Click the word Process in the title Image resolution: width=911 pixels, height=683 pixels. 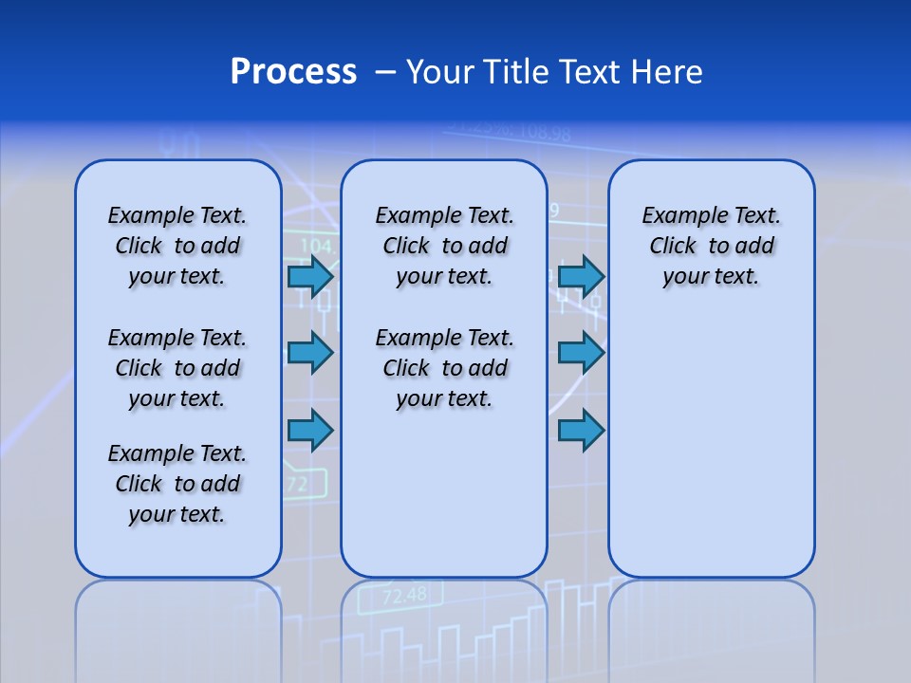tap(293, 72)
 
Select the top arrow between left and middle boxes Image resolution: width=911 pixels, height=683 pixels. tap(310, 277)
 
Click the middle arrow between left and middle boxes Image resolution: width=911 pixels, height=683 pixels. tap(310, 353)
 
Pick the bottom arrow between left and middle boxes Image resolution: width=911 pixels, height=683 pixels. tap(310, 431)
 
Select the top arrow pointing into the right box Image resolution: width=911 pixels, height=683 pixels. tap(581, 277)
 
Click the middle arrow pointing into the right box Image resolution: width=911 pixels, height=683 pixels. tap(581, 353)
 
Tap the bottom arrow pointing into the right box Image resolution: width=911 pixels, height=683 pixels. tap(581, 431)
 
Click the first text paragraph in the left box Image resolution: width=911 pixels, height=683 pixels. tap(177, 246)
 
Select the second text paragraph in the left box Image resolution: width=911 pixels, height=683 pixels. tap(177, 368)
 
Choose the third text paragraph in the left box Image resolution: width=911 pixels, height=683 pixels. tap(177, 484)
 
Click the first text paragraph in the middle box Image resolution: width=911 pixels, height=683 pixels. tap(444, 246)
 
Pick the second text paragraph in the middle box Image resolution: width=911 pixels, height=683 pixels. tap(444, 368)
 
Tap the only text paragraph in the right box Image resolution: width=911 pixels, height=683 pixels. tap(711, 246)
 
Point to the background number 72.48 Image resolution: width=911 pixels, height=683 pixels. tap(404, 596)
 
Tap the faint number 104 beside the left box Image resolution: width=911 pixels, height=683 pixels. tap(315, 246)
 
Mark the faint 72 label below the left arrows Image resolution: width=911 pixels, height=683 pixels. tap(297, 485)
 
